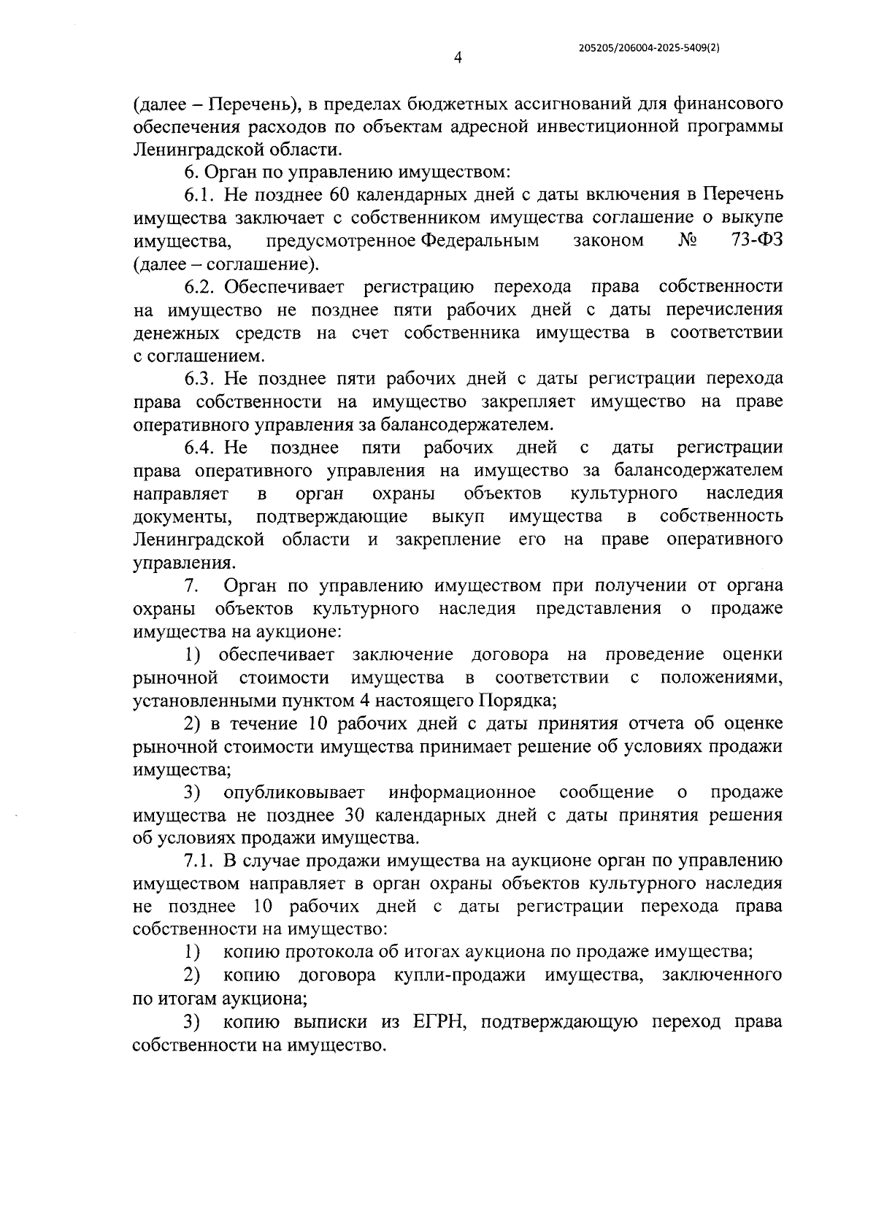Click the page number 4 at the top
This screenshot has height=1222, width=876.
[x=457, y=58]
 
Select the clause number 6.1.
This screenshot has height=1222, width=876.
[x=199, y=195]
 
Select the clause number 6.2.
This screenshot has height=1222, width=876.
[x=199, y=287]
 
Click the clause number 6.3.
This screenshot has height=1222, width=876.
[x=199, y=379]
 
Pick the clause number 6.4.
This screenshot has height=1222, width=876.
[x=199, y=447]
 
